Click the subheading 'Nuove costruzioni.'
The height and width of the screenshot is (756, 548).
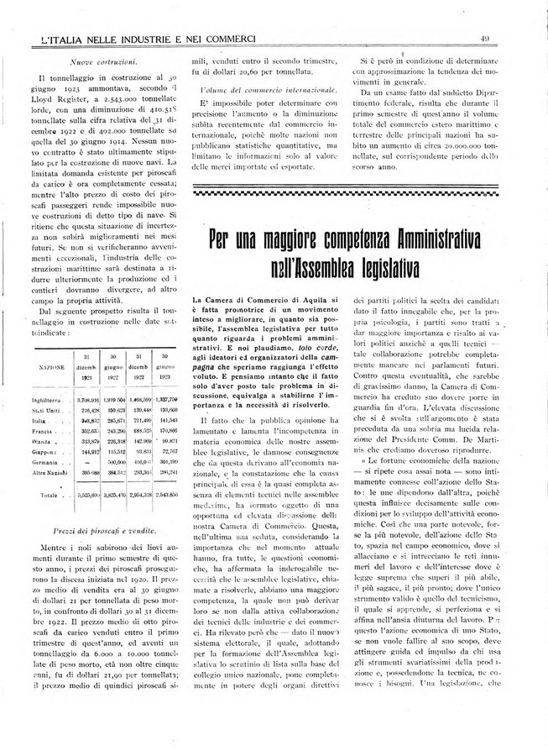pos(105,62)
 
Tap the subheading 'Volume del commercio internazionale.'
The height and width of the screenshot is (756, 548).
pos(265,89)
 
